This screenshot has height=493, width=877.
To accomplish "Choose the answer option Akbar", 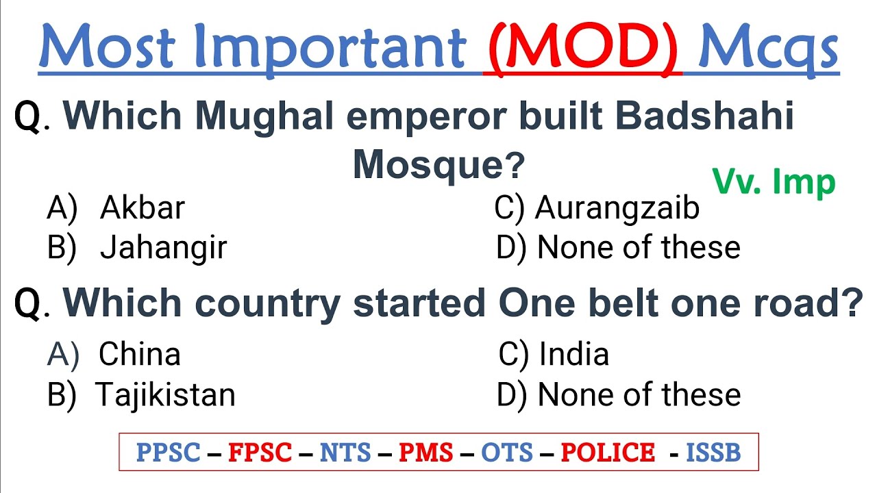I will click(x=142, y=208).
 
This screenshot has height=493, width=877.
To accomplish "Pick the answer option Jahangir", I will click(x=163, y=248).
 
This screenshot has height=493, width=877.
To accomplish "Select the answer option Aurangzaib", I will click(x=617, y=208).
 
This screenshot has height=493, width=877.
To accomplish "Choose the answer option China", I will click(x=139, y=355).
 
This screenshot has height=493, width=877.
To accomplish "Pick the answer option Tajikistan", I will click(x=165, y=395).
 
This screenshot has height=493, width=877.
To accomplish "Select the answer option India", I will click(x=573, y=355).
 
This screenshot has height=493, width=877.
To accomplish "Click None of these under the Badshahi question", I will click(x=639, y=248).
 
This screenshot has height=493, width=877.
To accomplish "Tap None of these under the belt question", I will click(x=639, y=395).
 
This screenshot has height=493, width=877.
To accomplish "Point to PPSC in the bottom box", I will click(x=168, y=453).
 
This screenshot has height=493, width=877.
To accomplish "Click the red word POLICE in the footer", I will click(x=608, y=453).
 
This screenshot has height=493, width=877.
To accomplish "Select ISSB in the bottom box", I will click(x=713, y=453).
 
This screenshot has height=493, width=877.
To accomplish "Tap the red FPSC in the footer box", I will click(x=260, y=453).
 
